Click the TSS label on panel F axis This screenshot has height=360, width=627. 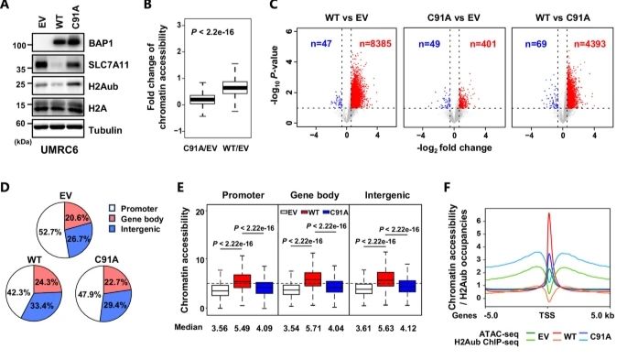pyautogui.click(x=549, y=316)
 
